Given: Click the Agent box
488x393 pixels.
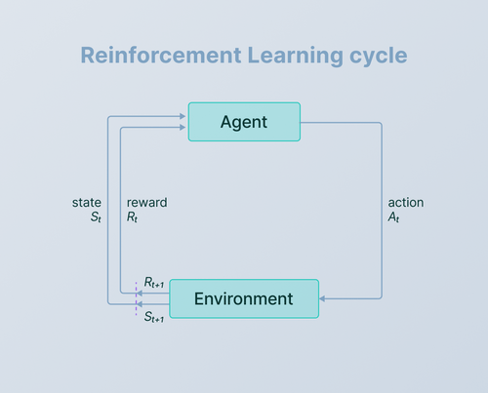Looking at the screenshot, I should (244, 122).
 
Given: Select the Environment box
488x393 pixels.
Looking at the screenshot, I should (244, 298).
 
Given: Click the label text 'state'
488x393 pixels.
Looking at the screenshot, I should (87, 203).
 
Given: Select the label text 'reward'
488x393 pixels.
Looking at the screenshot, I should (146, 203).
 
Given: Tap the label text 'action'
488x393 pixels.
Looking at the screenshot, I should (406, 203).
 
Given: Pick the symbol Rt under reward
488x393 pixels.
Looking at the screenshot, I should (134, 218).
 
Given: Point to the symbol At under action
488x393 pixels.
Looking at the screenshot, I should (394, 218).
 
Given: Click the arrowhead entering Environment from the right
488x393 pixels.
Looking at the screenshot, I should (323, 298).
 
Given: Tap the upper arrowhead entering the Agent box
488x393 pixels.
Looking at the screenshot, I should (183, 116).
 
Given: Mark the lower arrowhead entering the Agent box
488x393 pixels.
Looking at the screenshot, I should (183, 128).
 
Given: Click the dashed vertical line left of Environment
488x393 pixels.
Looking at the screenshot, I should (135, 298).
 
